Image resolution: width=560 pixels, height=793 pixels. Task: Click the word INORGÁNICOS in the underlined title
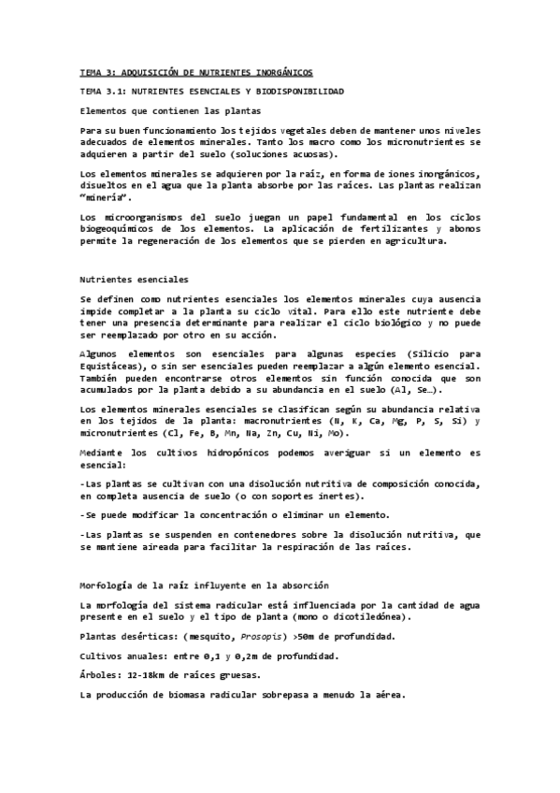(x=276, y=72)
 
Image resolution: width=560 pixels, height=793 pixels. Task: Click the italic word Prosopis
(x=243, y=636)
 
